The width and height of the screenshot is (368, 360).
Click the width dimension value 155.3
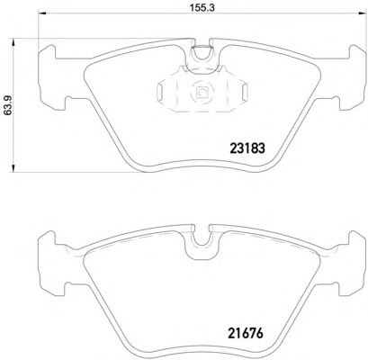202,7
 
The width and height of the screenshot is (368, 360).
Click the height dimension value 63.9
7,105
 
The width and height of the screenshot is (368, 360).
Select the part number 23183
247,148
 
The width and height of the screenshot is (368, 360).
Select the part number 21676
246,334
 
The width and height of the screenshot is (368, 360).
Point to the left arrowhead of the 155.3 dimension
41,13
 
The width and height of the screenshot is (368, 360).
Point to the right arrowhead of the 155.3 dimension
363,13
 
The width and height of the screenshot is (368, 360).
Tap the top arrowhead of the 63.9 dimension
13,41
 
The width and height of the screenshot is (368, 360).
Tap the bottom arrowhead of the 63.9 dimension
13,168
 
